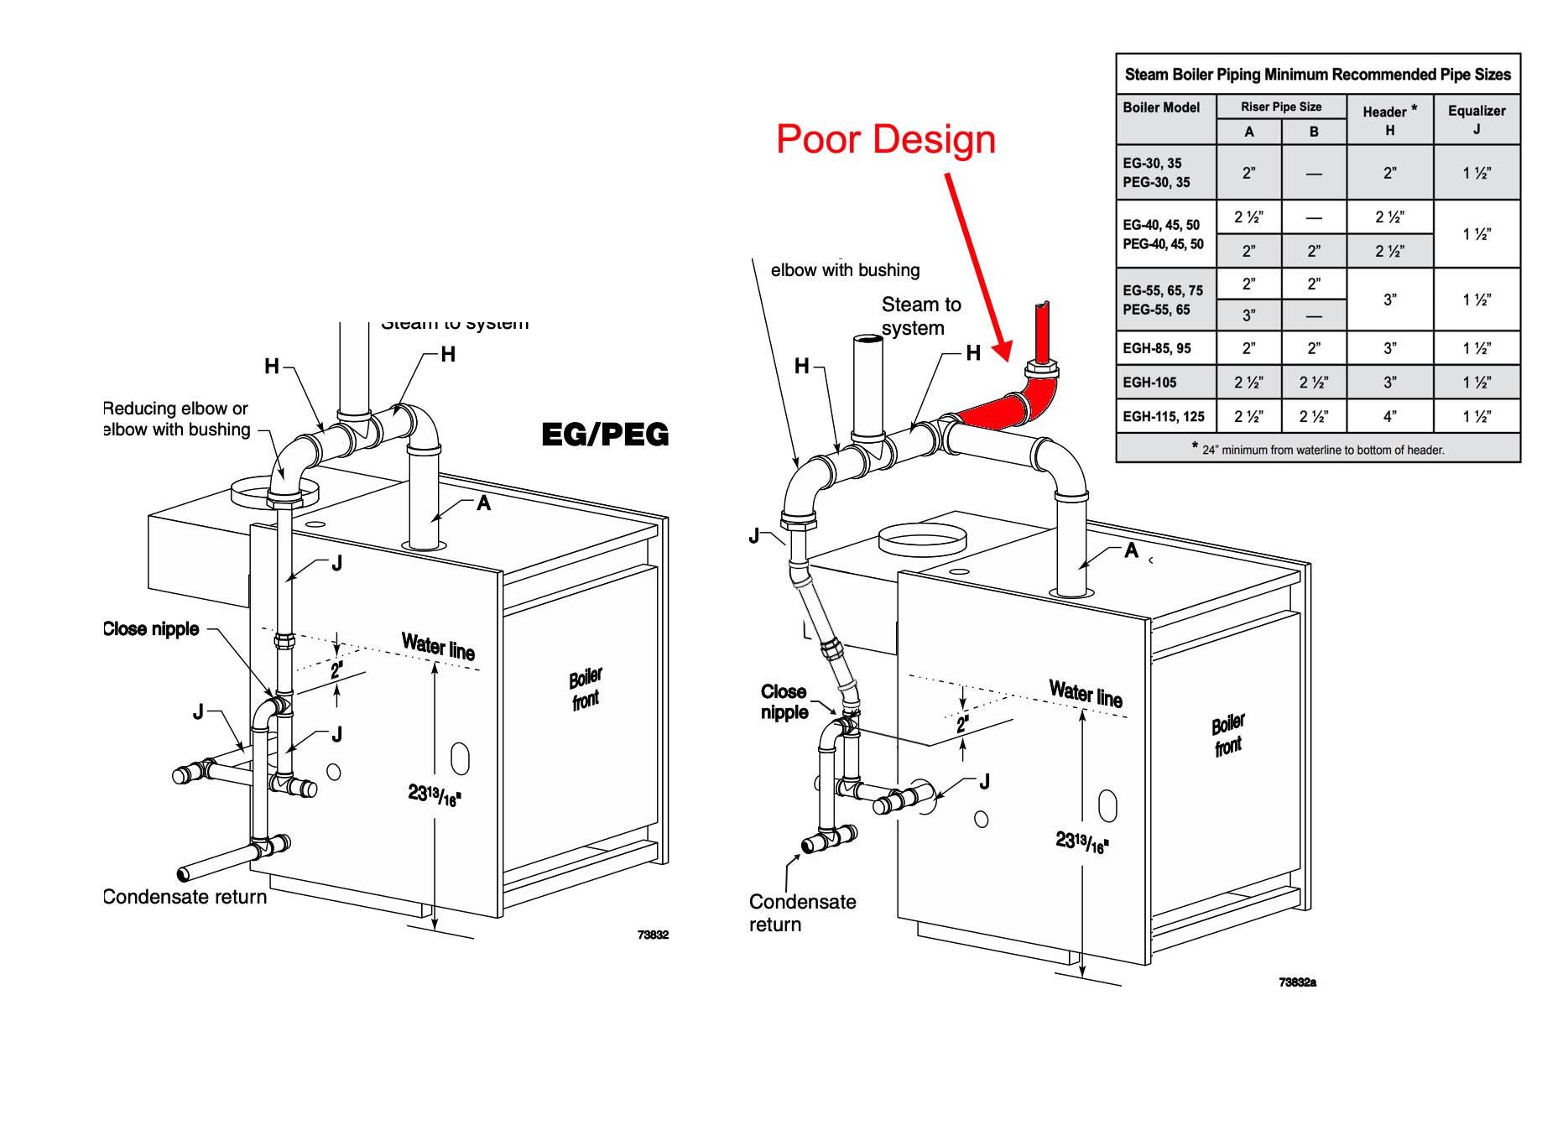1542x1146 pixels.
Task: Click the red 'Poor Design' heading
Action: coord(885,139)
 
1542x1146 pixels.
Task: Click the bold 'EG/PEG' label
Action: coord(605,435)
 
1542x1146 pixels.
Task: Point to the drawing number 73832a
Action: coord(1297,982)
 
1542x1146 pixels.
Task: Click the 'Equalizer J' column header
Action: coord(1476,119)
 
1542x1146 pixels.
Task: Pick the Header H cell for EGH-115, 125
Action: coord(1389,416)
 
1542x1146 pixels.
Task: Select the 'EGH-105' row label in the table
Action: coord(1150,383)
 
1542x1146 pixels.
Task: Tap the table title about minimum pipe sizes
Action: coord(1317,75)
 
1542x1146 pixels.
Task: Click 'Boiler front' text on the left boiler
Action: coord(586,688)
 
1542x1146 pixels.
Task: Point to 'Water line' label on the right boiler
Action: coord(1086,694)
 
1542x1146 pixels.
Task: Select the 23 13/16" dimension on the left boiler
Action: coord(435,794)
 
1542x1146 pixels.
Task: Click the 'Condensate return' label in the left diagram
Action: coord(185,897)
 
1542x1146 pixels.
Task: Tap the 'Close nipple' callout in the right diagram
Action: coord(784,702)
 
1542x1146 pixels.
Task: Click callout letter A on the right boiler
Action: coord(1131,550)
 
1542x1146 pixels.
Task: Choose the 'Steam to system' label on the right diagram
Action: coord(920,316)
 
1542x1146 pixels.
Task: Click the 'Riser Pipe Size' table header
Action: coord(1281,107)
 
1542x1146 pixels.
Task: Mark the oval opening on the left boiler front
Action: coord(460,758)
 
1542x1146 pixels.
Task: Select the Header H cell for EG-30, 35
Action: coord(1389,173)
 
